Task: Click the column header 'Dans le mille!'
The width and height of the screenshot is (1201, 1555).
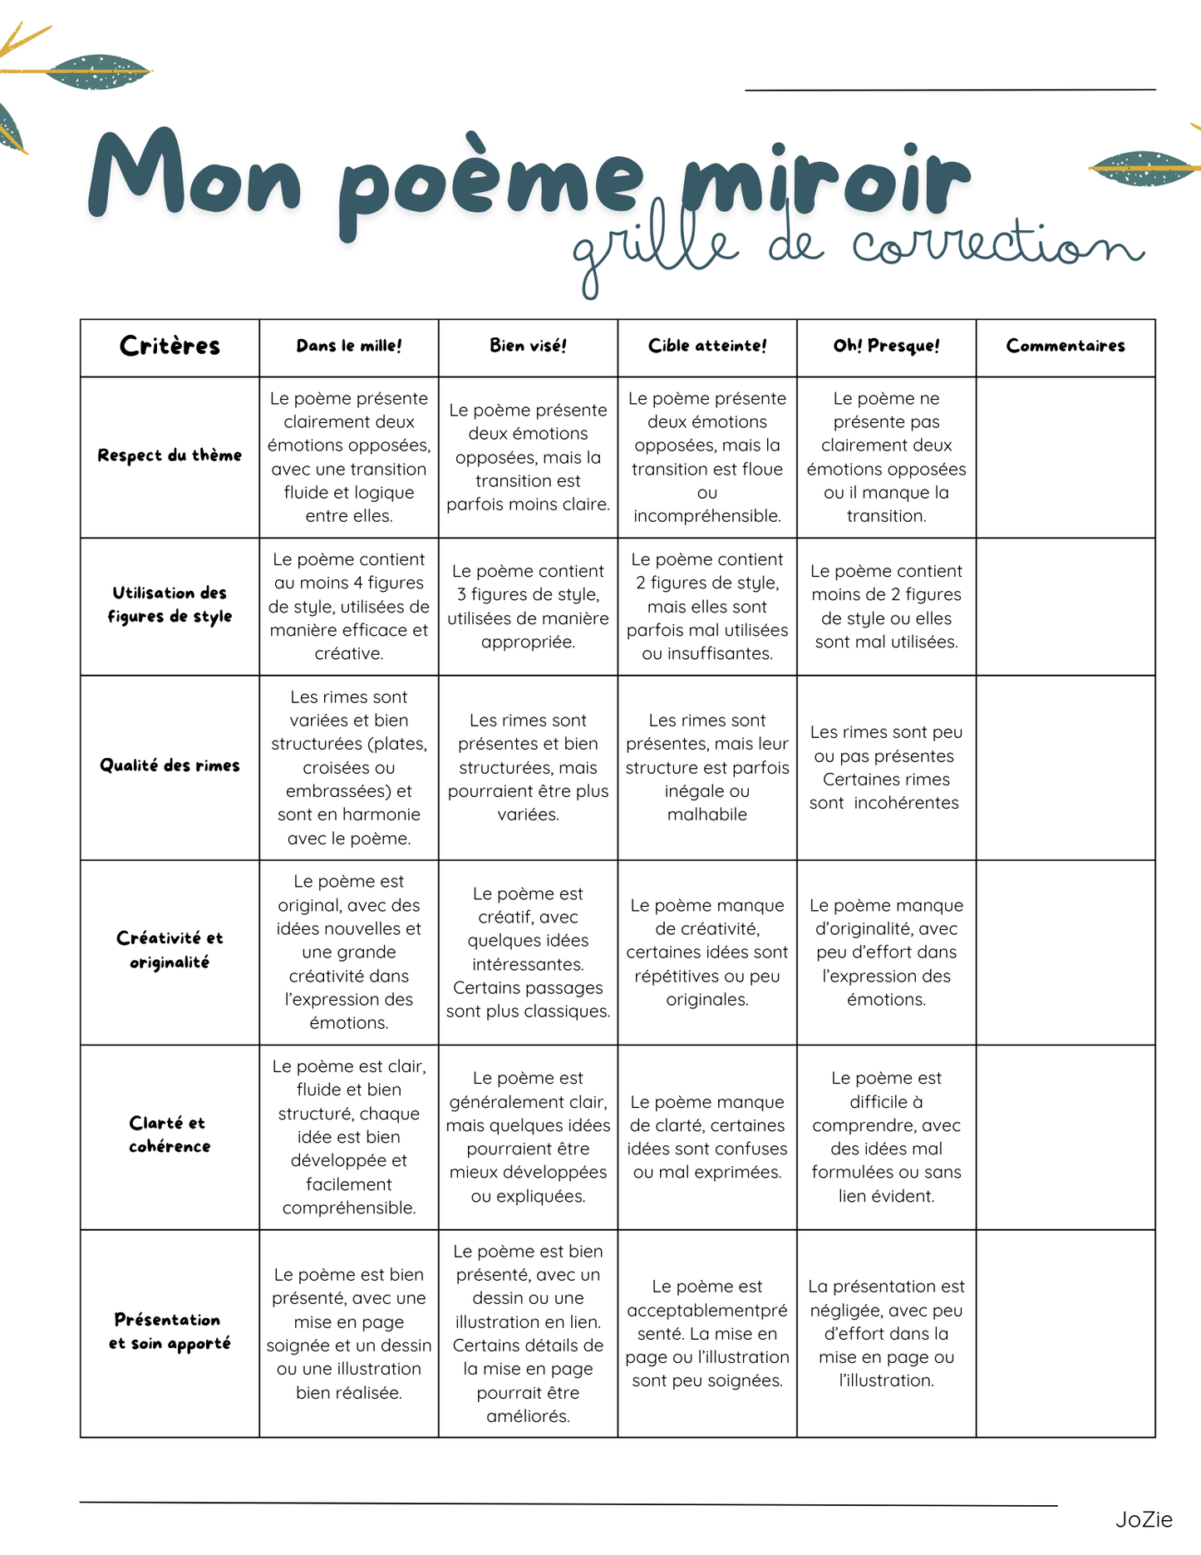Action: coord(349,346)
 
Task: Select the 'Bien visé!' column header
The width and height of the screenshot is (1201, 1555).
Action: coord(528,346)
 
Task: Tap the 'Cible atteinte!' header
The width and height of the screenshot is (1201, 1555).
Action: coord(707,346)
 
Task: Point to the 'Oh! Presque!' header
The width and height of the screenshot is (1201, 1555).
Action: coord(886,346)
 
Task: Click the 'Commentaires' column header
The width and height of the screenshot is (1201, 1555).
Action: coord(1066,346)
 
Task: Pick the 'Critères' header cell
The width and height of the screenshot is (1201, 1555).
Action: coord(170,346)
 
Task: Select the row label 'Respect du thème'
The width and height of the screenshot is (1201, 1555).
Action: coord(170,455)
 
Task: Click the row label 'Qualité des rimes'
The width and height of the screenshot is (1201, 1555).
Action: coord(170,765)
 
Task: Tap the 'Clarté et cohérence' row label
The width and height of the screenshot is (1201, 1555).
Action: coord(170,1134)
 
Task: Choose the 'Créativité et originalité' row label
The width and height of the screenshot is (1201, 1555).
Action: coord(170,950)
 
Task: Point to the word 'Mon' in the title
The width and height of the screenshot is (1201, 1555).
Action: coord(195,175)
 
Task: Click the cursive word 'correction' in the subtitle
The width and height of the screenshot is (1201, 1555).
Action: coord(997,245)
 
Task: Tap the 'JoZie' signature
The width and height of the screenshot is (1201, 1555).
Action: coord(1144,1519)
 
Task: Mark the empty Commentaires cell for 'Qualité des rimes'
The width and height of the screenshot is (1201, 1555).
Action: coord(1066,767)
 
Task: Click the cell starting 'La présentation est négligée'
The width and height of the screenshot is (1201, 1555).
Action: coord(886,1333)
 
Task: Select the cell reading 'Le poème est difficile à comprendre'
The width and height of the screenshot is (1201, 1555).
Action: coord(886,1136)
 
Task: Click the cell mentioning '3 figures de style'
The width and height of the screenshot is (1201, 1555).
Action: coord(528,606)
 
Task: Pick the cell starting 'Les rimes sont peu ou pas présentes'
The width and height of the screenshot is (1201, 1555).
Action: coord(886,767)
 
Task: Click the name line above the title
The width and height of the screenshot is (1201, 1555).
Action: coord(950,88)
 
